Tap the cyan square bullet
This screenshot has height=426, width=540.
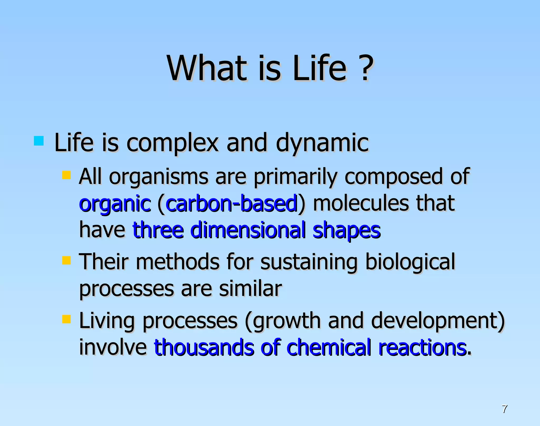click(39, 141)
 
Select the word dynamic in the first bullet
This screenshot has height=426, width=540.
click(322, 143)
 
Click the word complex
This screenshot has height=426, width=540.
click(172, 143)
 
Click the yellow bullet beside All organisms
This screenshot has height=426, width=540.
click(66, 175)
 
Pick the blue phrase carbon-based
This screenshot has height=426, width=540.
click(232, 203)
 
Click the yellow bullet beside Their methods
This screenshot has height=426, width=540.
click(66, 260)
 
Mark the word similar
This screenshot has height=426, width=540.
click(250, 289)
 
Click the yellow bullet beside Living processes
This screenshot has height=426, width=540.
click(66, 319)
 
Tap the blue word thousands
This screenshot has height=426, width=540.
click(204, 347)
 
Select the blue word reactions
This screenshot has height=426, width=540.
click(422, 347)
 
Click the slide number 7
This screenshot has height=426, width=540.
click(504, 409)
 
